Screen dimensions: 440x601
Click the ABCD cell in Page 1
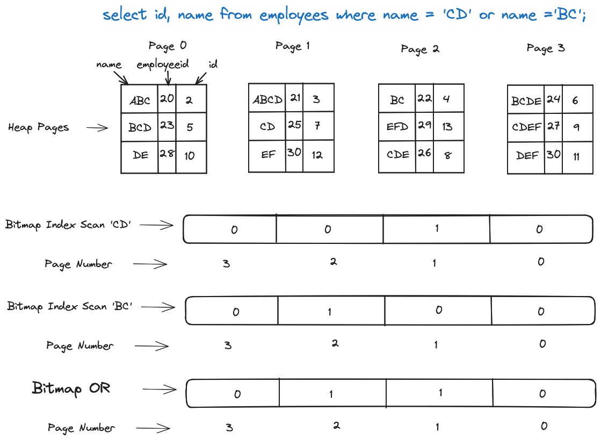pyautogui.click(x=267, y=100)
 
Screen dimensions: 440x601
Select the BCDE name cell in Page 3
pyautogui.click(x=526, y=100)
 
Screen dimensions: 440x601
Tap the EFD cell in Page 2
pyautogui.click(x=397, y=127)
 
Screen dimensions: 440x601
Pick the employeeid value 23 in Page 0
pyautogui.click(x=166, y=125)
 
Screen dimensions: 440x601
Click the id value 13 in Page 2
pyautogui.click(x=447, y=127)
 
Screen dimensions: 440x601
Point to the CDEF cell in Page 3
pyautogui.click(x=526, y=127)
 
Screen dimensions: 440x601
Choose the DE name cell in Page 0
pyautogui.click(x=141, y=155)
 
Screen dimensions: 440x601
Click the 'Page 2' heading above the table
pyautogui.click(x=420, y=49)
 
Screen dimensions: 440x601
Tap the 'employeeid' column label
pyautogui.click(x=163, y=64)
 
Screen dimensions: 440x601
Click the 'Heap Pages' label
pyautogui.click(x=39, y=128)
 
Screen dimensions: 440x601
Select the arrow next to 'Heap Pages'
pyautogui.click(x=97, y=128)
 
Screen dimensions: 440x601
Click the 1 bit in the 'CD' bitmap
pyautogui.click(x=437, y=228)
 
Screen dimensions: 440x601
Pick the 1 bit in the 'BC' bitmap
pyautogui.click(x=330, y=312)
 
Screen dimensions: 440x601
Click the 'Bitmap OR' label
pyautogui.click(x=71, y=388)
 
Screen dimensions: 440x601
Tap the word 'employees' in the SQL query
pyautogui.click(x=294, y=15)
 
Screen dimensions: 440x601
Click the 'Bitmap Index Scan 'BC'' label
pyautogui.click(x=70, y=307)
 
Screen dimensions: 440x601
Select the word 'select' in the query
pyautogui.click(x=125, y=14)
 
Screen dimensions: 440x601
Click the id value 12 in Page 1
pyautogui.click(x=317, y=155)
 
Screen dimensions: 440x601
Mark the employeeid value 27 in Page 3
pyautogui.click(x=553, y=126)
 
